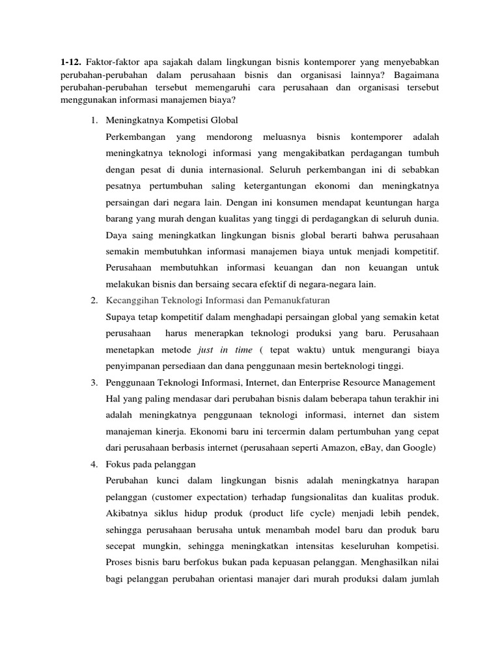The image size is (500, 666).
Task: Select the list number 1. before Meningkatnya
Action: (x=94, y=120)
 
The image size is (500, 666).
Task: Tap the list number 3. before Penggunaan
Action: (x=94, y=381)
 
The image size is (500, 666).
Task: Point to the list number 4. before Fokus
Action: (x=94, y=464)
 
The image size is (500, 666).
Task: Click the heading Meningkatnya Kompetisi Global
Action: (x=172, y=120)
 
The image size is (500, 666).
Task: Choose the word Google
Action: (x=423, y=448)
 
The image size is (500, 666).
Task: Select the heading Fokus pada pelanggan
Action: (x=150, y=464)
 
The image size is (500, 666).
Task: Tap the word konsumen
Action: (x=343, y=203)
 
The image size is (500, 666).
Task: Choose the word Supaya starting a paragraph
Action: (x=121, y=317)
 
